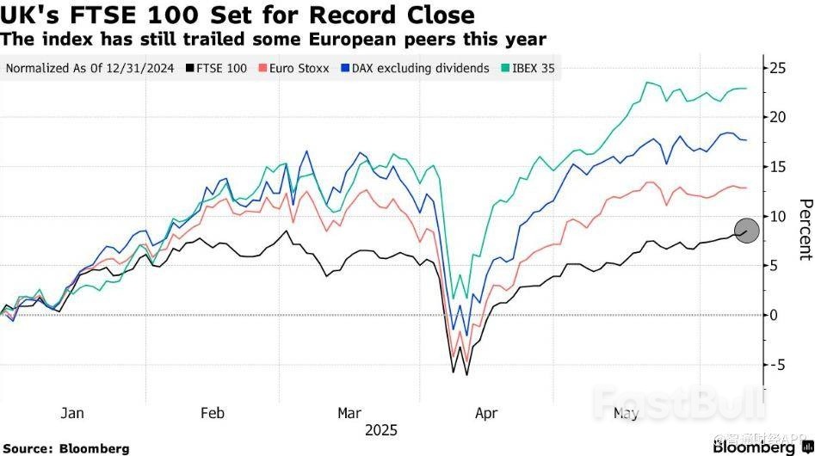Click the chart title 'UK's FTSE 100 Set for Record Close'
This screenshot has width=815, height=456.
click(238, 15)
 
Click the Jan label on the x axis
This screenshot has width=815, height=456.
click(72, 413)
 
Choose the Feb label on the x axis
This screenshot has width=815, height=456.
click(212, 413)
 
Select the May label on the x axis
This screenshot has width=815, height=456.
click(626, 413)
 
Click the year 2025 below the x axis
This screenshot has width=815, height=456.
click(381, 430)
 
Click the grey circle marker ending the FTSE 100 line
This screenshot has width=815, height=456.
click(747, 231)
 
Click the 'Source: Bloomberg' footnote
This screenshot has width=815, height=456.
click(65, 448)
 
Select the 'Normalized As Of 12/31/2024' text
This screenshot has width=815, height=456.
click(90, 68)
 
